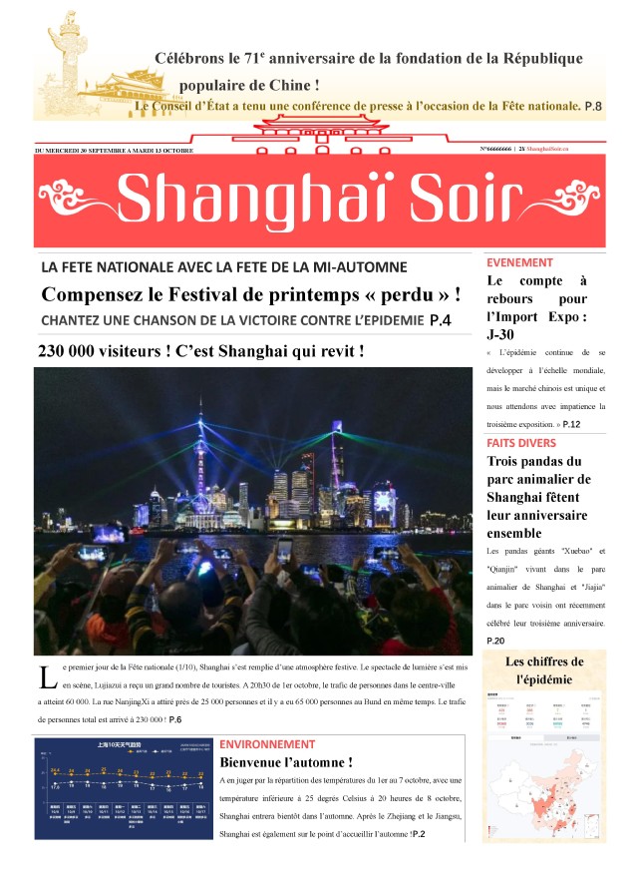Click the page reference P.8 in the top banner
tap(593, 105)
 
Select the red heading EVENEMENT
tap(519, 262)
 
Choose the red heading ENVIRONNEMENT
tap(267, 744)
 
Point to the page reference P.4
tap(440, 320)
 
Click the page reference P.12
tap(571, 424)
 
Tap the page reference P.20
tap(495, 640)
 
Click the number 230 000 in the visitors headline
tap(72, 351)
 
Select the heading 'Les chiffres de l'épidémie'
tap(544, 669)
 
